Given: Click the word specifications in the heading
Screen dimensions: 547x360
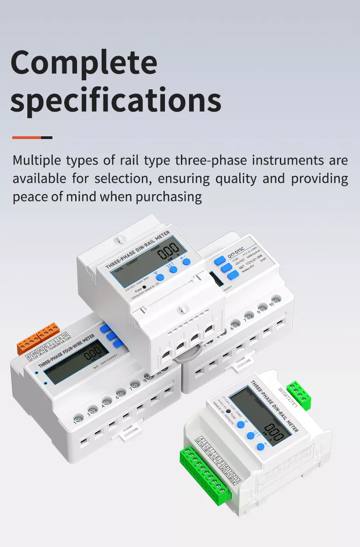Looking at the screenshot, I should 116,100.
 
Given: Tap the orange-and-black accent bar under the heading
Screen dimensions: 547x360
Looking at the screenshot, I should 32,137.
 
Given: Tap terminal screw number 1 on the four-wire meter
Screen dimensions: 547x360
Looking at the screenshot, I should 78,417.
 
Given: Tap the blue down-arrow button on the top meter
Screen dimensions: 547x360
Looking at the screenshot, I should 159,277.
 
